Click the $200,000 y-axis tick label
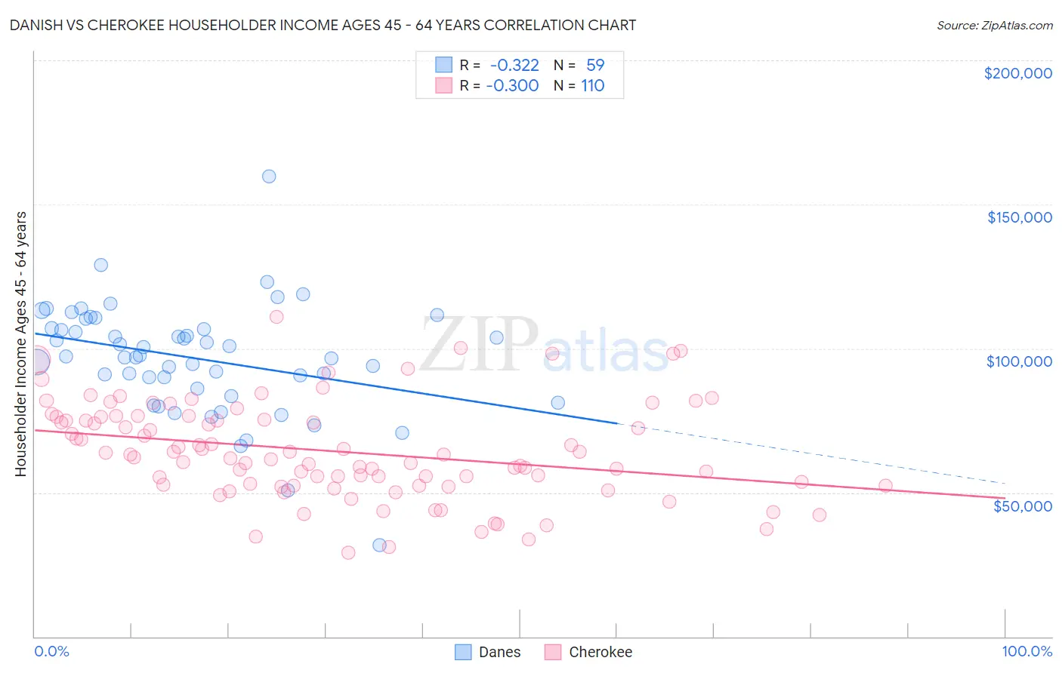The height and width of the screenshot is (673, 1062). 1017,73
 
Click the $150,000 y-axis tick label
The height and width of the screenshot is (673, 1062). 1019,217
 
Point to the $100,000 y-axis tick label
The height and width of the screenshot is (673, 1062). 1019,361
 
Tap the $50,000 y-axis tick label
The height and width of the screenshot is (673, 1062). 1022,506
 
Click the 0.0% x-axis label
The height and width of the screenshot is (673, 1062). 51,652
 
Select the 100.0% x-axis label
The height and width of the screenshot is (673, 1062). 1026,652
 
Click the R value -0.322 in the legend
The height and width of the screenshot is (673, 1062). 514,65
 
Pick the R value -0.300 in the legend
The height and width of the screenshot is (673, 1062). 512,86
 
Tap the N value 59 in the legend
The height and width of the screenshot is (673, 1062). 595,65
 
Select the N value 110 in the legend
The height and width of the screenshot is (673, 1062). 593,86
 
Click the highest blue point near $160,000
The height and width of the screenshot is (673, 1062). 269,177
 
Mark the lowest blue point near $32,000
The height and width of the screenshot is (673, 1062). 380,545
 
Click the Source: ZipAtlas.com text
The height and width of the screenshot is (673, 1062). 994,25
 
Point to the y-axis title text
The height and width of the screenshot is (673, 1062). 20,344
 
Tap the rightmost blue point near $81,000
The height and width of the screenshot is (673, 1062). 557,403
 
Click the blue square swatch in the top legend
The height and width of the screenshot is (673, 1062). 443,65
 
